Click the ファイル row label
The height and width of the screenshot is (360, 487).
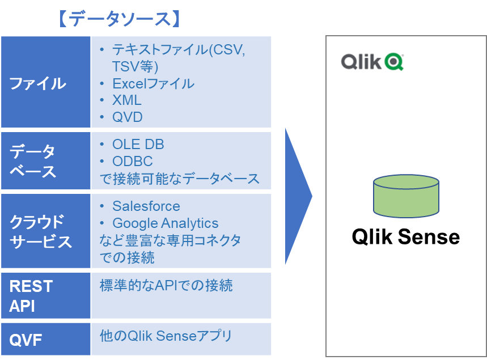38,83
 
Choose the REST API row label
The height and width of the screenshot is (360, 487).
31,296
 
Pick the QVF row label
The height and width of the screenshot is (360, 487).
26,340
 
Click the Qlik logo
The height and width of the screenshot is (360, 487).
374,61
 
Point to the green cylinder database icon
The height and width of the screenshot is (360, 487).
406,196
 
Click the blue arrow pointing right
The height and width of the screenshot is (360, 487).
297,196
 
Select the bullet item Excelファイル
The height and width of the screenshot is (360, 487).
153,84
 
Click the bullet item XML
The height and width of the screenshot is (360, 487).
127,100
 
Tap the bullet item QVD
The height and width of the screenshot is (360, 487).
128,117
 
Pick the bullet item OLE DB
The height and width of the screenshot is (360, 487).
138,145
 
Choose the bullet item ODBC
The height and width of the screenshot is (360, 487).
133,162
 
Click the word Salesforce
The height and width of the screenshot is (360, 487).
146,206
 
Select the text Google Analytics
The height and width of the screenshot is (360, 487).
166,223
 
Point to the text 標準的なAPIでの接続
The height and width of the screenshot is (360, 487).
166,285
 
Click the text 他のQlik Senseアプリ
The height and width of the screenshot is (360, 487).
166,336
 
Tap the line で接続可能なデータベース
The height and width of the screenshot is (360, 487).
180,179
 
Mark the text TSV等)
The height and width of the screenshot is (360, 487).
135,67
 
